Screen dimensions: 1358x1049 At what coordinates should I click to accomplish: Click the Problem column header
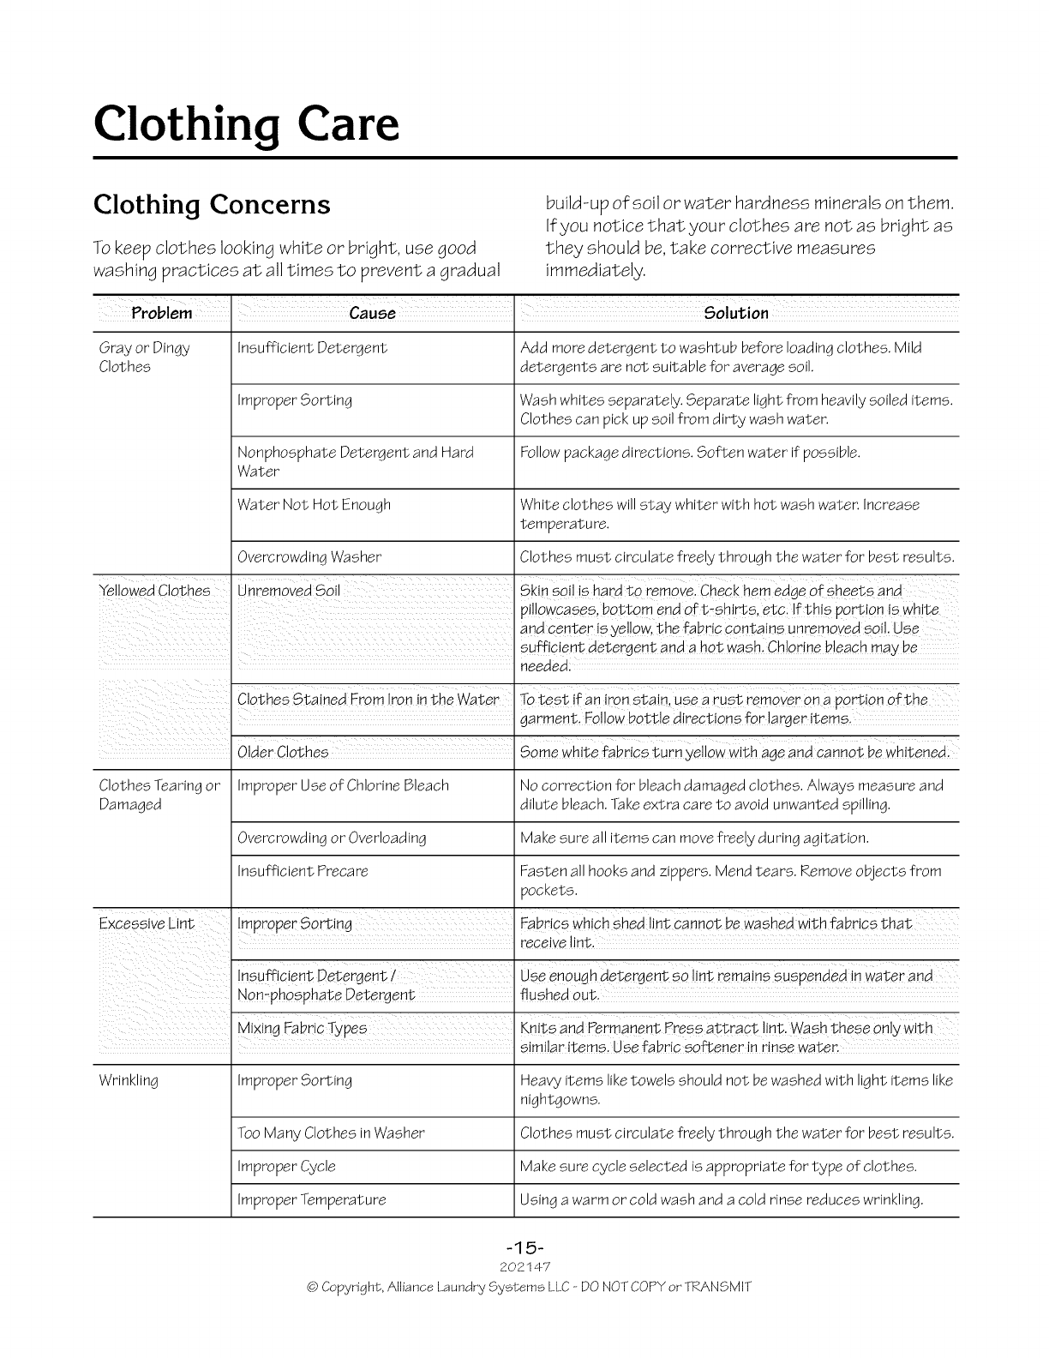[161, 313]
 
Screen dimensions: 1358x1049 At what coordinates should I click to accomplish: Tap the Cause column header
[372, 313]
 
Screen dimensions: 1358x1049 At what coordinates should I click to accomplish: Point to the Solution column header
[735, 313]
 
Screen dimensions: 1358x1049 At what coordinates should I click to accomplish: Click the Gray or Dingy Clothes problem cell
[144, 358]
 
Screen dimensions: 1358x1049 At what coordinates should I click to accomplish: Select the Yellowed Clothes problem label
[154, 591]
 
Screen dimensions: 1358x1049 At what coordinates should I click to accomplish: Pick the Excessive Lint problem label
[147, 923]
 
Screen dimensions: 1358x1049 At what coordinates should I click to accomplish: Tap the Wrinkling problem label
[129, 1080]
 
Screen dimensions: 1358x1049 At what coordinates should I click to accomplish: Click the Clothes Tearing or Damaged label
[159, 795]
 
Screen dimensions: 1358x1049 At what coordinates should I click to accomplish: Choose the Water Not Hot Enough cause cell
[314, 505]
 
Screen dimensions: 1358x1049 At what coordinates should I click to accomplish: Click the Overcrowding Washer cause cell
[309, 557]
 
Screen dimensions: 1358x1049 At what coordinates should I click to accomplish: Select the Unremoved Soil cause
[289, 591]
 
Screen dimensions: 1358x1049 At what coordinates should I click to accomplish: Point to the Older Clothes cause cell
[283, 753]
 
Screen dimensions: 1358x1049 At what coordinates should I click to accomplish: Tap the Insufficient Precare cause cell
[303, 872]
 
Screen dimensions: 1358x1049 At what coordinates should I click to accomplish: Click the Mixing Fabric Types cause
[302, 1028]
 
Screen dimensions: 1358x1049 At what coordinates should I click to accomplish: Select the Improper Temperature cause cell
[311, 1200]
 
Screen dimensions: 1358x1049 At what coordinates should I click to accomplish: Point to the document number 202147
[524, 1266]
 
